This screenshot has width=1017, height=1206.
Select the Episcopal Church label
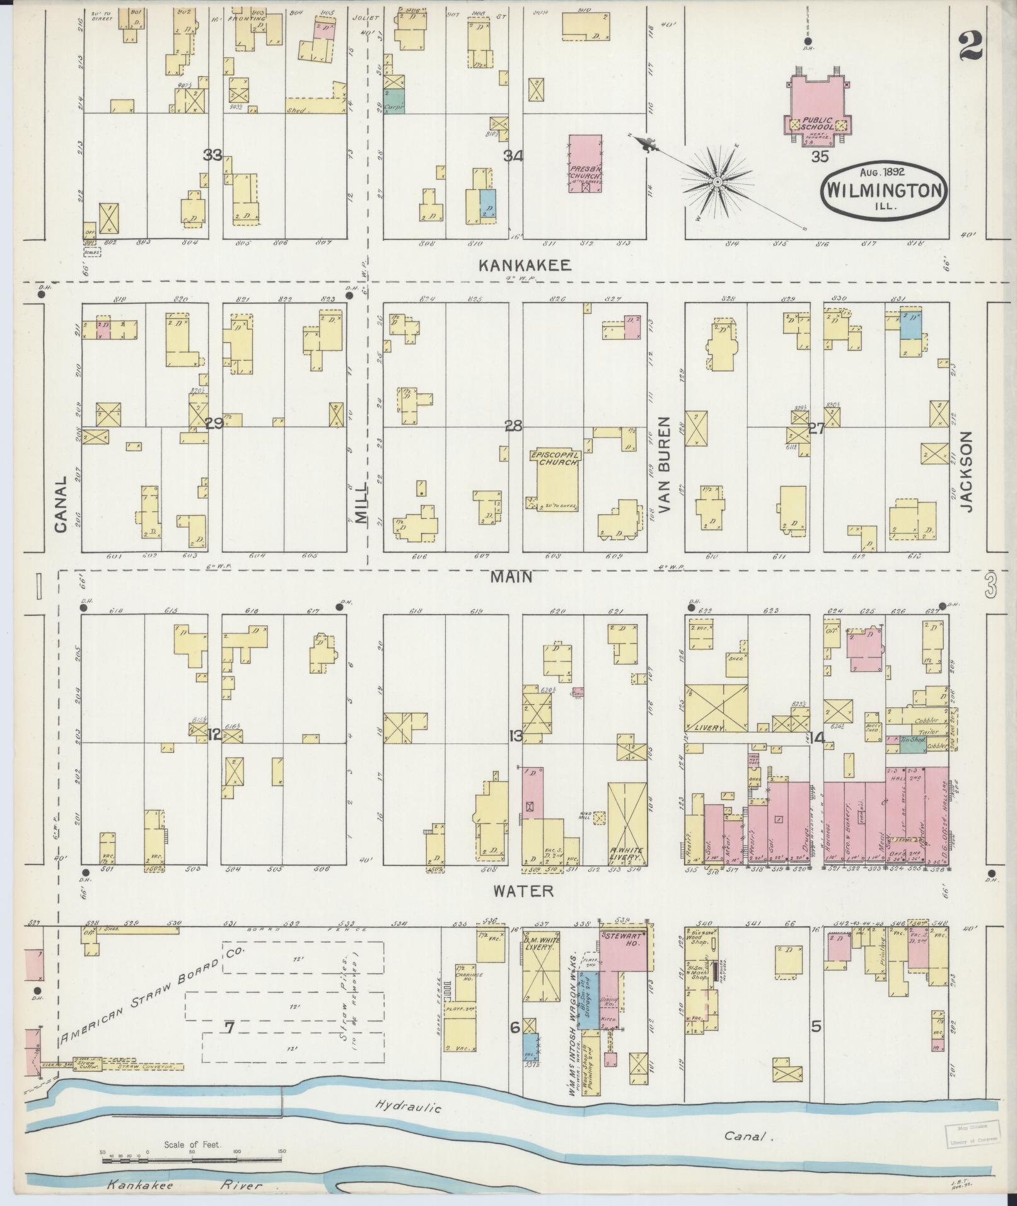pyautogui.click(x=554, y=458)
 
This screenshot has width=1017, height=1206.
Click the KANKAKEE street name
pyautogui.click(x=525, y=265)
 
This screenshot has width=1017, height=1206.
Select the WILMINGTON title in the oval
pyautogui.click(x=886, y=190)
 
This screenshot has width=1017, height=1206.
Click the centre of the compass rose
pyautogui.click(x=717, y=182)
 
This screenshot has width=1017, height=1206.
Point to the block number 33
pyautogui.click(x=212, y=154)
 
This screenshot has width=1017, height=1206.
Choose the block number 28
pyautogui.click(x=513, y=427)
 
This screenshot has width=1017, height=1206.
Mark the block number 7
pyautogui.click(x=230, y=1028)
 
